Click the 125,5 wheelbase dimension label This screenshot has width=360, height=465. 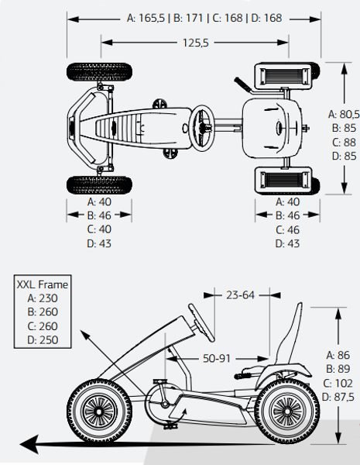click(196, 43)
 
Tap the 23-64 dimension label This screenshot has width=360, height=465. click(240, 295)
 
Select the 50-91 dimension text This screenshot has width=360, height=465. click(217, 359)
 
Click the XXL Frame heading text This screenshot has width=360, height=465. click(43, 284)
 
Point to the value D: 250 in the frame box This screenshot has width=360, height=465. click(43, 340)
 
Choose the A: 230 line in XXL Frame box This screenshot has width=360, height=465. click(43, 298)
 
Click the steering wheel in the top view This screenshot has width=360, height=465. click(201, 127)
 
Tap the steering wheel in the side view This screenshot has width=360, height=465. click(201, 322)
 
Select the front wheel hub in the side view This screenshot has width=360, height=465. click(98, 412)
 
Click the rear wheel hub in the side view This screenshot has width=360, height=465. click(286, 412)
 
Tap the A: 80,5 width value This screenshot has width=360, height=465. click(344, 114)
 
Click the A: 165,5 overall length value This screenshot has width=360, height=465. click(146, 18)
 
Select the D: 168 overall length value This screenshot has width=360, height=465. click(266, 18)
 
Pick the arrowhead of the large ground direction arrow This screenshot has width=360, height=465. click(29, 444)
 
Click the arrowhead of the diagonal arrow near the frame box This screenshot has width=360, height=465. click(85, 335)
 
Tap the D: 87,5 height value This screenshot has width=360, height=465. click(338, 397)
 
